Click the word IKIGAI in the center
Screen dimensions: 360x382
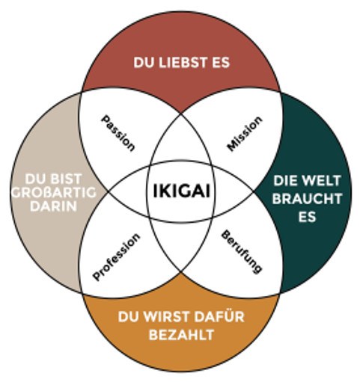(x=181, y=191)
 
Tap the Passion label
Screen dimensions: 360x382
(x=118, y=133)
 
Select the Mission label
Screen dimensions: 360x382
(x=245, y=134)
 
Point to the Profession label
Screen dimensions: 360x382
(x=116, y=257)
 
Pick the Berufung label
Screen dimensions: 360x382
(x=242, y=252)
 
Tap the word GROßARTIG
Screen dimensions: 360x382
(x=54, y=193)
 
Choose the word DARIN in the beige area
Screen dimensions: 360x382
(x=53, y=206)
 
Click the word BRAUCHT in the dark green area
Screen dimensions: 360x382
(x=307, y=199)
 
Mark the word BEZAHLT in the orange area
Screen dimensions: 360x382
(x=181, y=335)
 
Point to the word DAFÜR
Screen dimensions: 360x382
(x=219, y=316)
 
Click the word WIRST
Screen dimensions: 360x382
(x=165, y=317)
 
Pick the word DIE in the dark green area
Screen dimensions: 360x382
(x=286, y=181)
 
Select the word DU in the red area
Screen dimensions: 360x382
(x=143, y=63)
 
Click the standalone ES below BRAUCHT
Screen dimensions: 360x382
(x=307, y=217)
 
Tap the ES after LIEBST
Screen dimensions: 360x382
(x=221, y=63)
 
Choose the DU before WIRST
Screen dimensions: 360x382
(x=128, y=317)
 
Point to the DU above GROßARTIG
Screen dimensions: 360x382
(x=35, y=179)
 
